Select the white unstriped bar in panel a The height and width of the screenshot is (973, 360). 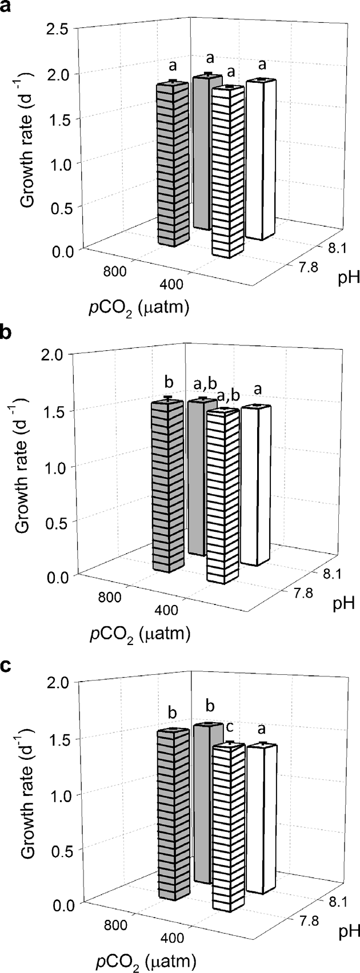point(261,160)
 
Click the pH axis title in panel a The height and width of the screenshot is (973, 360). point(344,280)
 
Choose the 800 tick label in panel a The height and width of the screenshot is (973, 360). point(118,272)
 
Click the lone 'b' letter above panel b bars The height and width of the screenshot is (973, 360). point(168,382)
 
